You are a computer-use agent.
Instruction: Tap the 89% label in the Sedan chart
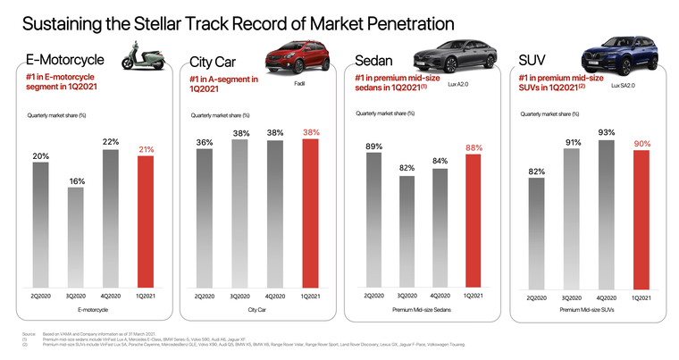373,146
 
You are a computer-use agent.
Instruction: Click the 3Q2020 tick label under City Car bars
239,295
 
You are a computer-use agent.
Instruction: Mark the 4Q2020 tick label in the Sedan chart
440,294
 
